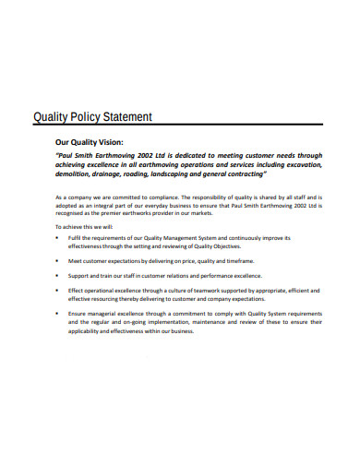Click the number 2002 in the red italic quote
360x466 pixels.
[150, 156]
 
